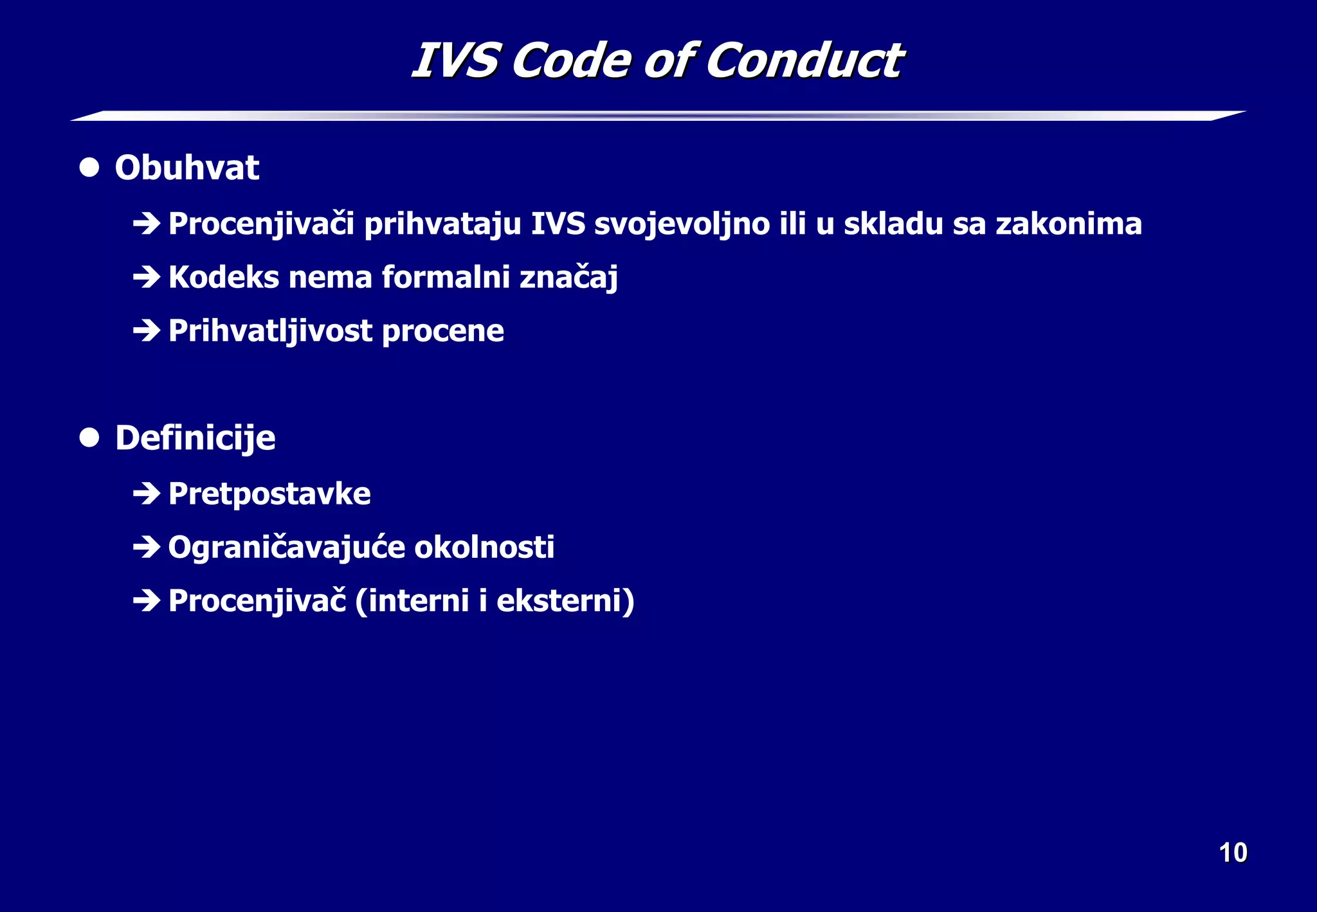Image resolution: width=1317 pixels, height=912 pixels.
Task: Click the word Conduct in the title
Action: (x=805, y=61)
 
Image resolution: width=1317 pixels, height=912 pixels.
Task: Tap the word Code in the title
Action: (x=570, y=61)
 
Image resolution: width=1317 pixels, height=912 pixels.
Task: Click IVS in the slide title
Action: (x=455, y=61)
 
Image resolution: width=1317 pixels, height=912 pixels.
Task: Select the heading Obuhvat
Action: (x=186, y=168)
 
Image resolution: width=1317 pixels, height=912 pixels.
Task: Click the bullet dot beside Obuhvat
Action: (x=89, y=168)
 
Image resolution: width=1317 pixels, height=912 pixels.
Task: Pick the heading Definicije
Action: (x=195, y=438)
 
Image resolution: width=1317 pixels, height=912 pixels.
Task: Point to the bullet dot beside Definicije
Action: (x=89, y=438)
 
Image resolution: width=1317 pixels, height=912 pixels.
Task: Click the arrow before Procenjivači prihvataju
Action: (x=146, y=224)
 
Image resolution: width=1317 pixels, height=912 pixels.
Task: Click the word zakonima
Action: (x=1069, y=224)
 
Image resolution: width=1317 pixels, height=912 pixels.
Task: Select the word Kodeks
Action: (x=224, y=277)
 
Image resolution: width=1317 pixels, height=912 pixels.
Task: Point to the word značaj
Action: (x=568, y=278)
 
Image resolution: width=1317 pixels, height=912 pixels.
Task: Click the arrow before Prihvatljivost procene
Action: (x=146, y=330)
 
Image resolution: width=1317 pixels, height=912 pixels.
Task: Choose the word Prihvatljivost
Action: (x=270, y=331)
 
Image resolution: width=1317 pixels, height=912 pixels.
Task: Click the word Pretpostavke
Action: (x=269, y=494)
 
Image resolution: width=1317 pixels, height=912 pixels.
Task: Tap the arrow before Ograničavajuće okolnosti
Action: (x=146, y=547)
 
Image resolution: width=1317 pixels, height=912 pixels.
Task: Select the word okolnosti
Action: (x=484, y=547)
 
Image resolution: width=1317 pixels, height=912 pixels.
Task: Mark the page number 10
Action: (x=1233, y=853)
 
